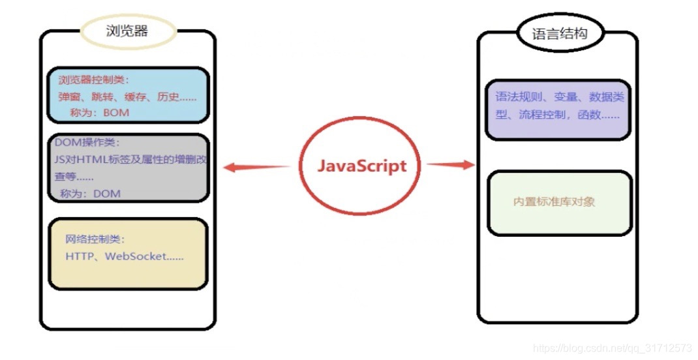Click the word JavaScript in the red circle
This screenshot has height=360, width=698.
[x=361, y=166]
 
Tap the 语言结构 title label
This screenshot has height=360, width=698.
[x=560, y=34]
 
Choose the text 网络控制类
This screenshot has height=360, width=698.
[x=94, y=239]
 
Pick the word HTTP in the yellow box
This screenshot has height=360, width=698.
[x=80, y=256]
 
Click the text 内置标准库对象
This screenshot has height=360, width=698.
[x=554, y=202]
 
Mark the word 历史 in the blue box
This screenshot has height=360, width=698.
[x=166, y=97]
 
